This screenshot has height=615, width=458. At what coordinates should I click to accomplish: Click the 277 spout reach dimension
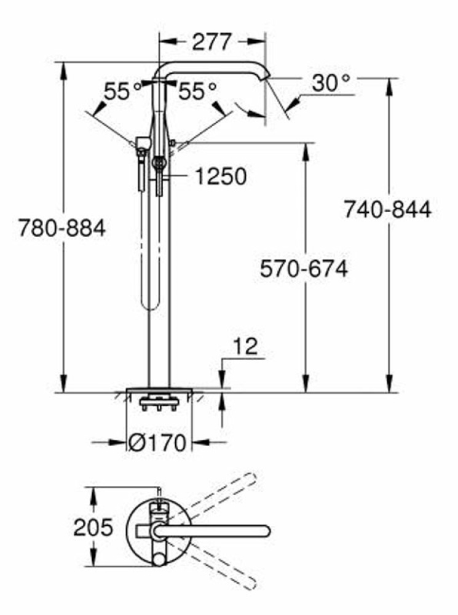pos(212,42)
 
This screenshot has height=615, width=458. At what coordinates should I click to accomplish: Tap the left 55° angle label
pos(122,92)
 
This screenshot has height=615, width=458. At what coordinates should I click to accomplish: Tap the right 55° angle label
pos(197,92)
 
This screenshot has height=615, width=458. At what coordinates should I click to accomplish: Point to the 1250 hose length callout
pos(221,177)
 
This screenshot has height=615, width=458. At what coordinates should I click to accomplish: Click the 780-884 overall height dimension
pos(61,228)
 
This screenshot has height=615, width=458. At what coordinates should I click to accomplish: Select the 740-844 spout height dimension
pos(387,210)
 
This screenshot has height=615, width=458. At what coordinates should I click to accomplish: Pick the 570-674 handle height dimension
pos(304,269)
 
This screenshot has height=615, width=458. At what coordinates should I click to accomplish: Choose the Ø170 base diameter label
pos(158,442)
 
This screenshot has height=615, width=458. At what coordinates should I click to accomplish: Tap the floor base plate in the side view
pos(159,391)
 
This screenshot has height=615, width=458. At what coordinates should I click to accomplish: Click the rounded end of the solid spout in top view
pos(266,530)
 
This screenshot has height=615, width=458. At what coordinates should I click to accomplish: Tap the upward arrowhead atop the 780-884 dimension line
pos(62,68)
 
